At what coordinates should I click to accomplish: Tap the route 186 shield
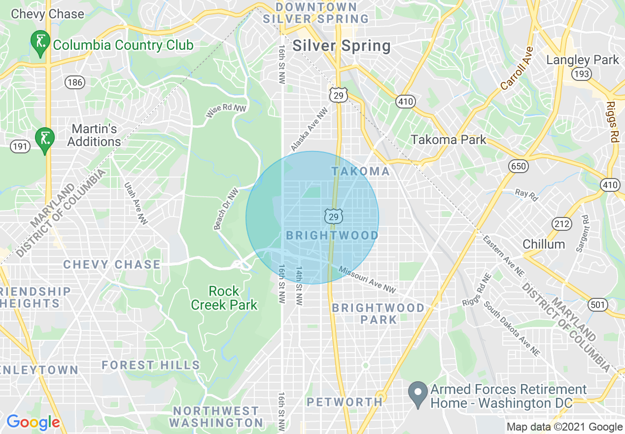(x=74, y=82)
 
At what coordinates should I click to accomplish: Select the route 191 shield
(x=21, y=146)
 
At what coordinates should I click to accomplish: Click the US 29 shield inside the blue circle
(x=333, y=216)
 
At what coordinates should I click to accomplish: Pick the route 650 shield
(x=519, y=166)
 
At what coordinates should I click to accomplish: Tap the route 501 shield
(x=597, y=305)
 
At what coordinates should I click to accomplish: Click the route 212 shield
(x=561, y=223)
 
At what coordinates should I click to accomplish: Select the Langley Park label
(x=582, y=60)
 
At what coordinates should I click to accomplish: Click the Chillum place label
(x=544, y=244)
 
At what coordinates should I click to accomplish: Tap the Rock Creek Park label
(x=224, y=298)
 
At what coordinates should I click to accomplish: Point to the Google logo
(x=33, y=422)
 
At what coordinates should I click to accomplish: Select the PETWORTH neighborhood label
(x=345, y=402)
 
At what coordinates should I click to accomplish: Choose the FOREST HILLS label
(x=151, y=365)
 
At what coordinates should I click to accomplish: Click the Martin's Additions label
(x=94, y=135)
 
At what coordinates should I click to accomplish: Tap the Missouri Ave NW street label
(x=368, y=280)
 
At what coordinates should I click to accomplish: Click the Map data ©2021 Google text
(x=565, y=427)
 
